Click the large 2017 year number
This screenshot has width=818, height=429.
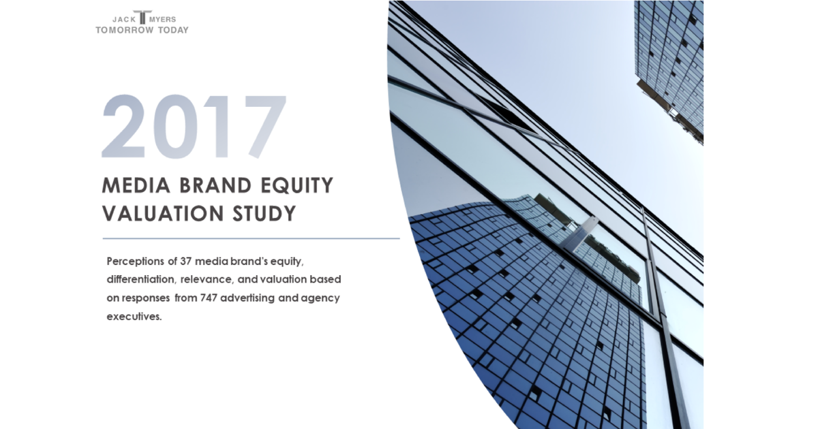click(194, 127)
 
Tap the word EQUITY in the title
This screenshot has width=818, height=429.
click(298, 185)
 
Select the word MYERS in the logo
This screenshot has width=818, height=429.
click(163, 20)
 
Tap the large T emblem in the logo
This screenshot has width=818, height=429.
click(142, 18)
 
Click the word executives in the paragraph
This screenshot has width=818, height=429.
click(134, 317)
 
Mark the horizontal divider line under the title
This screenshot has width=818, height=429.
click(251, 238)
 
